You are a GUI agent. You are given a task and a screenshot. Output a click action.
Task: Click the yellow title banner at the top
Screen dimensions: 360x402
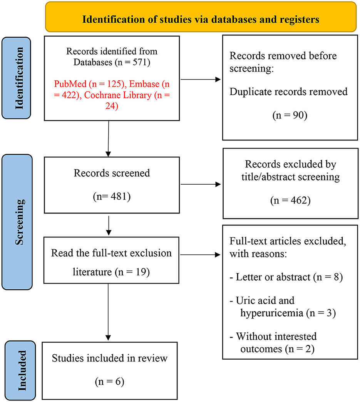tap(201, 17)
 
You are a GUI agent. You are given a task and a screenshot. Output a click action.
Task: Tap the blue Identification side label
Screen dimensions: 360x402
tap(17, 78)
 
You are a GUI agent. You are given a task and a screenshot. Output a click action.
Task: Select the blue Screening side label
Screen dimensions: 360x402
tap(17, 222)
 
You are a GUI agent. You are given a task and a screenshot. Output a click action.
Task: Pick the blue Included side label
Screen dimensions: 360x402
tap(20, 370)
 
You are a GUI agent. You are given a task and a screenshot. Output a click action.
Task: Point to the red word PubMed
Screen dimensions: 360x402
tap(70, 84)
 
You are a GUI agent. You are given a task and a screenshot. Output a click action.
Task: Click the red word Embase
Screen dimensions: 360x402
tap(144, 84)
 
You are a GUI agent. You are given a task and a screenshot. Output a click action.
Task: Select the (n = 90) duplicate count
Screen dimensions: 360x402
tap(290, 115)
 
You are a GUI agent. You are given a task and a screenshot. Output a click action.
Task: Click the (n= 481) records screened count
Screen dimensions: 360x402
tap(112, 197)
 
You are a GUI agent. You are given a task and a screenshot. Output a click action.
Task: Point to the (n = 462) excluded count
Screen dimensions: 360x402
tap(290, 200)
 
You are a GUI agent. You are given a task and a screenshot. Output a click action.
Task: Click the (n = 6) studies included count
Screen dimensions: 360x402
tap(110, 382)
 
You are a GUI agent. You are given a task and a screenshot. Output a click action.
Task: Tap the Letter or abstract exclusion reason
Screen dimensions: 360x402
tap(286, 277)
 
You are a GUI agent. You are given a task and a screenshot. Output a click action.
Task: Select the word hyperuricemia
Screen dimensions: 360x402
tap(272, 313)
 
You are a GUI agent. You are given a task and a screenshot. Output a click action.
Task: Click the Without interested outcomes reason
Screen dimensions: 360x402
tap(273, 342)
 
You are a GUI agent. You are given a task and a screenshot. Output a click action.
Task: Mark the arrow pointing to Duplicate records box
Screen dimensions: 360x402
tap(201, 80)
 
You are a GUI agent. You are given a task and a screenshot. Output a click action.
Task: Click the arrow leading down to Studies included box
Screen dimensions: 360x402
tap(108, 312)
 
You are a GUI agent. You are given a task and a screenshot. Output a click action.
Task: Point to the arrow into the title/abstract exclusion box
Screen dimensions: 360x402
tap(201, 184)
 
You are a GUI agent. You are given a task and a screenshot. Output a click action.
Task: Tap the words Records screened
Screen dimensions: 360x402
tap(112, 173)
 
